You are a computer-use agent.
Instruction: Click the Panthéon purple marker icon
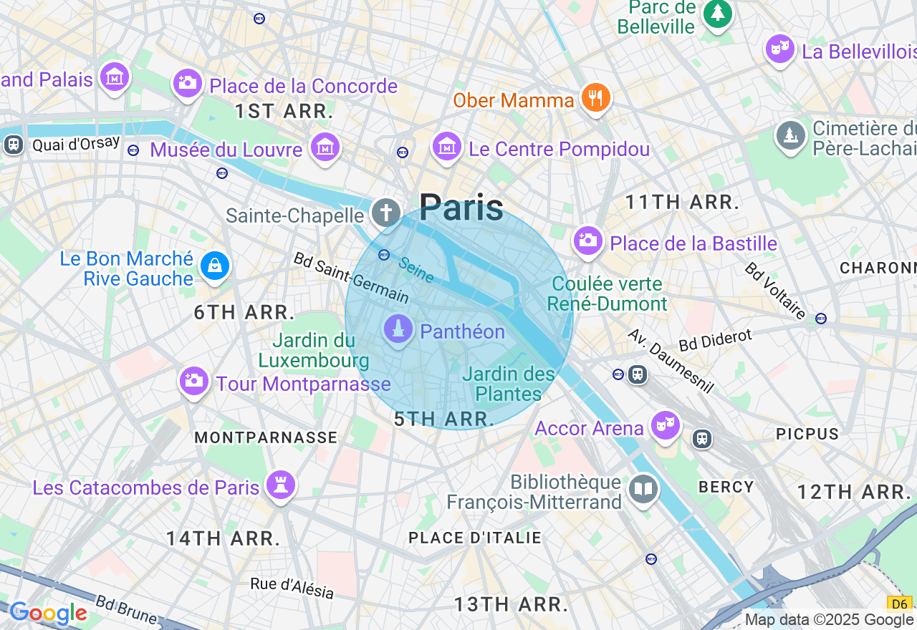tap(398, 329)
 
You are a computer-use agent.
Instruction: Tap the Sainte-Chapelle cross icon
tap(385, 213)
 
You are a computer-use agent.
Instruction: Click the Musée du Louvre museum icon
tap(325, 147)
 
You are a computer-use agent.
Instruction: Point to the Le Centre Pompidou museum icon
tap(447, 147)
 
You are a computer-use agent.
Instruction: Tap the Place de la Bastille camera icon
tap(587, 241)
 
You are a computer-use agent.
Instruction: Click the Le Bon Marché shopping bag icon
tap(214, 266)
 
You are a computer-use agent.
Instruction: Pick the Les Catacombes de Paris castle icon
tap(280, 485)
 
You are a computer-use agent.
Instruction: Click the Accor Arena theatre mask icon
tap(665, 425)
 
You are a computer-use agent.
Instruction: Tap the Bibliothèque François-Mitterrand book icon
tap(643, 490)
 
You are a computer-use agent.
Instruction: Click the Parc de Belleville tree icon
tap(716, 13)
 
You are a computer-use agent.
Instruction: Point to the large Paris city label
tap(461, 208)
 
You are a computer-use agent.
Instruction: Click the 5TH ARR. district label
tap(444, 420)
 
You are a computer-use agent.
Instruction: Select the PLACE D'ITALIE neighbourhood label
tap(474, 538)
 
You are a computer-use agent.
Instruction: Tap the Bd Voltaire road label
tap(775, 290)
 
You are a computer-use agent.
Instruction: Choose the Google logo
tap(48, 613)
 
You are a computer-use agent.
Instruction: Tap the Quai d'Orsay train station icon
tap(13, 145)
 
